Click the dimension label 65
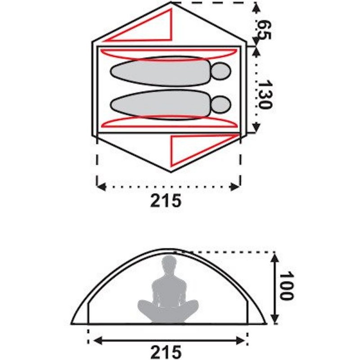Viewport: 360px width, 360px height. click(264, 30)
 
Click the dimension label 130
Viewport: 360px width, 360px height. click(265, 94)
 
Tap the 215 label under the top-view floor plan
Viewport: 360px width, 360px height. click(166, 201)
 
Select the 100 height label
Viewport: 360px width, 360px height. click(286, 285)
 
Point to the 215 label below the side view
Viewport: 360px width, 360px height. click(166, 352)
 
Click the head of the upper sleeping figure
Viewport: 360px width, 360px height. click(220, 71)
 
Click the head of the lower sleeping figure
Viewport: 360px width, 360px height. click(220, 105)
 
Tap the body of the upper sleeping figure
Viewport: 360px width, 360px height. click(160, 71)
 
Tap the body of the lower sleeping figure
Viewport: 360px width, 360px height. click(160, 105)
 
